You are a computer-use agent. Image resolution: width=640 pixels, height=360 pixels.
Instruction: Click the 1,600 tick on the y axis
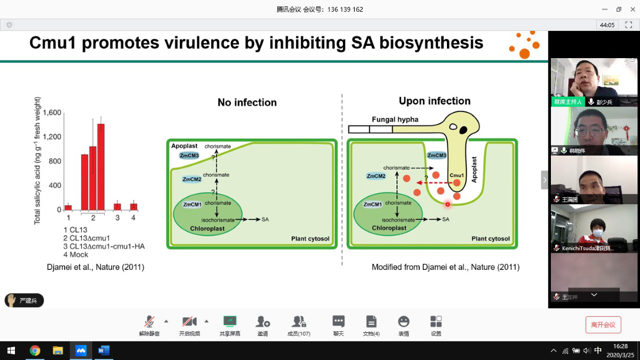52,113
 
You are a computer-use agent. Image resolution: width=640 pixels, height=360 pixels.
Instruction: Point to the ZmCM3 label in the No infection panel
189,155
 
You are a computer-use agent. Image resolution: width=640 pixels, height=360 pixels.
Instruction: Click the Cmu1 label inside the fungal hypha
457,175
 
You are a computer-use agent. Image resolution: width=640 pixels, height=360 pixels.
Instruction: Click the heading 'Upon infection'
435,101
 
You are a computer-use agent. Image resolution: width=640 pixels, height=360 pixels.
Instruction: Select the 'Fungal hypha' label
395,119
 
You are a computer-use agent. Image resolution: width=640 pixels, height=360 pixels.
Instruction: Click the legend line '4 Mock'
76,254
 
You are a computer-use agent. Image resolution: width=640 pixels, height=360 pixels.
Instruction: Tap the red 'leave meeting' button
603,324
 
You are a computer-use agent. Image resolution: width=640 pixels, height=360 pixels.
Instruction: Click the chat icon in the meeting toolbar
338,325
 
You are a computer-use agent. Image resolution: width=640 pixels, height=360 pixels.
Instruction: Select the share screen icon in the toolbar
230,325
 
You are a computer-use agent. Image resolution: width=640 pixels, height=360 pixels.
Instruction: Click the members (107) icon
299,325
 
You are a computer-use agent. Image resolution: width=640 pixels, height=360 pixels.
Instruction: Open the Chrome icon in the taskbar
35,350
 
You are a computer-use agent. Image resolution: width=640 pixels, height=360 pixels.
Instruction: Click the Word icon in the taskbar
103,350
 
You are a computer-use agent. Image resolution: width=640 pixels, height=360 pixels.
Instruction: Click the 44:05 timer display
607,25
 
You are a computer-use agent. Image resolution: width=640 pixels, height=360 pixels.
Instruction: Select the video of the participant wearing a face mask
594,228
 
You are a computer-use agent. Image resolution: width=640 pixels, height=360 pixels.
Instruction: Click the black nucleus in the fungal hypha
463,130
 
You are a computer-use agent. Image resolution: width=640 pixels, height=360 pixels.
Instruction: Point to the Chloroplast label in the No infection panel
207,228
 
